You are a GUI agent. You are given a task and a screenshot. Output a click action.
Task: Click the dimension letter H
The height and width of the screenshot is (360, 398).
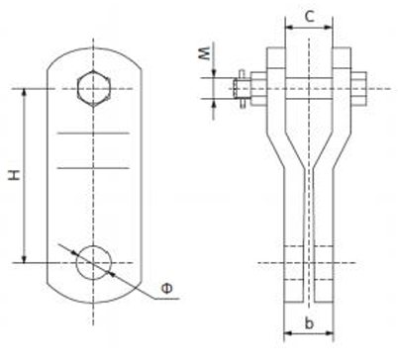(15, 175)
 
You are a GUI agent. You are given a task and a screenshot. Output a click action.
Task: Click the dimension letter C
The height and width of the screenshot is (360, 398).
(309, 16)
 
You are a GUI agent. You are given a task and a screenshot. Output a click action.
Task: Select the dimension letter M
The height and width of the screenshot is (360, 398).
(205, 53)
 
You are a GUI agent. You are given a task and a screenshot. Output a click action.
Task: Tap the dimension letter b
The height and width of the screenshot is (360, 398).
(309, 323)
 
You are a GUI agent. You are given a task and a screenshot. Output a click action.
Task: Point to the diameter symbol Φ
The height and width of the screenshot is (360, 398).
(167, 289)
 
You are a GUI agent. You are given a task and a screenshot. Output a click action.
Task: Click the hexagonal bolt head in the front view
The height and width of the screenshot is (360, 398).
(93, 88)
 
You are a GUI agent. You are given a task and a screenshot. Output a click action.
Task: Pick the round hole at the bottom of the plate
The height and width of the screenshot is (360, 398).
(93, 263)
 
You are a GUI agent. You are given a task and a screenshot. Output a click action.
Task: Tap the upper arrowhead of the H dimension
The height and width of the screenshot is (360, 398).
(24, 93)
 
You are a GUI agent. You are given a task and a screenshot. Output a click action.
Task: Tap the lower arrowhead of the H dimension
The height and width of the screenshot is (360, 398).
(24, 259)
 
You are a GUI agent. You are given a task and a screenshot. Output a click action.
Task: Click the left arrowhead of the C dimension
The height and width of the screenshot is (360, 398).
(288, 28)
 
